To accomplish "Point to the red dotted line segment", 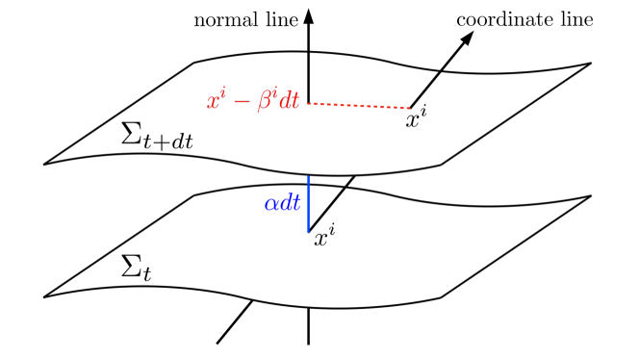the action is [357, 104].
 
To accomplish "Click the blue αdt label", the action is [282, 203].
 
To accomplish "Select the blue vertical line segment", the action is [308, 203].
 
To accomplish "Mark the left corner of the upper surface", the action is [45, 164].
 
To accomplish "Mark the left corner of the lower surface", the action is [45, 296].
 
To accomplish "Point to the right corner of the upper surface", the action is [590, 64].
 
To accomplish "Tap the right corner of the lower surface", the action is [590, 196].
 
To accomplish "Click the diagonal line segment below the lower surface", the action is [234, 321].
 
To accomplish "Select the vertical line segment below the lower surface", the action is [308, 326].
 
